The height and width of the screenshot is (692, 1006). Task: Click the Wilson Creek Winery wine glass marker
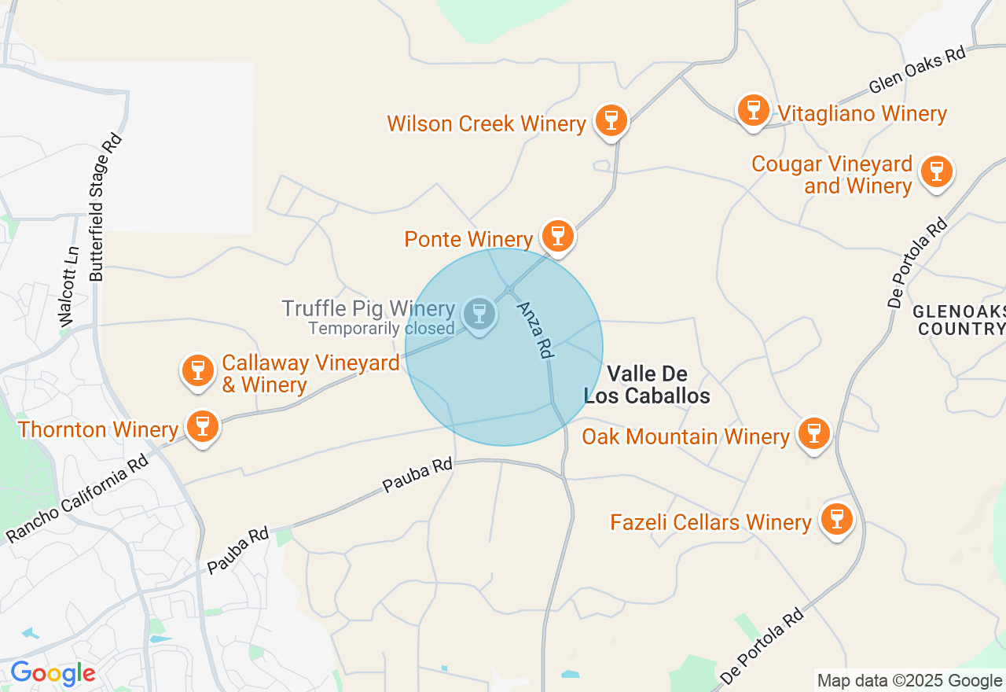(611, 121)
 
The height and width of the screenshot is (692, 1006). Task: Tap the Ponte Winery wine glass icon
(558, 235)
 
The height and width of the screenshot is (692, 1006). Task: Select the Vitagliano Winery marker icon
(754, 110)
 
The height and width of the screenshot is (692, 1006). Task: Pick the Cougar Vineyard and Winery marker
(936, 171)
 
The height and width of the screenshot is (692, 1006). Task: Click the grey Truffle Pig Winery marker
(479, 314)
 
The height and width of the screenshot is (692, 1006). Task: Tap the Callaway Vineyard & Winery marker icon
(197, 370)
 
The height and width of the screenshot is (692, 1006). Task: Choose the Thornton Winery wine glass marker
(203, 426)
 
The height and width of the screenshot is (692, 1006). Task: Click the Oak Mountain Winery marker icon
(813, 433)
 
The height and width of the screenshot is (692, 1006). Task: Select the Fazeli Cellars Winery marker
(837, 519)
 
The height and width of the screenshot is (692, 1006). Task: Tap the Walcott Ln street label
(69, 287)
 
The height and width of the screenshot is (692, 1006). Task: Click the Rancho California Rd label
(78, 499)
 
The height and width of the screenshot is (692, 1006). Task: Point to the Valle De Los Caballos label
(647, 385)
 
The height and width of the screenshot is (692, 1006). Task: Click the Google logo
(53, 674)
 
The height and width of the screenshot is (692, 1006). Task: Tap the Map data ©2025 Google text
(909, 681)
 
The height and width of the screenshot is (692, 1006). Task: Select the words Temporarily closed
(381, 329)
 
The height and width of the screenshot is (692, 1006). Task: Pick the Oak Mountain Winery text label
(685, 436)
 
